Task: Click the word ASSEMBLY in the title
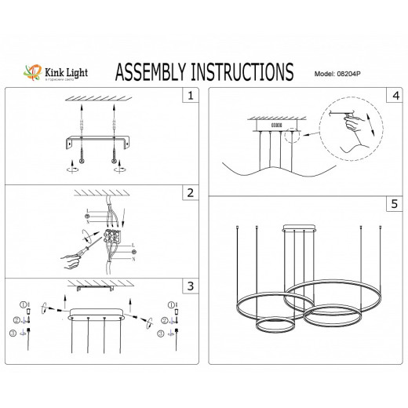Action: click(x=160, y=72)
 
